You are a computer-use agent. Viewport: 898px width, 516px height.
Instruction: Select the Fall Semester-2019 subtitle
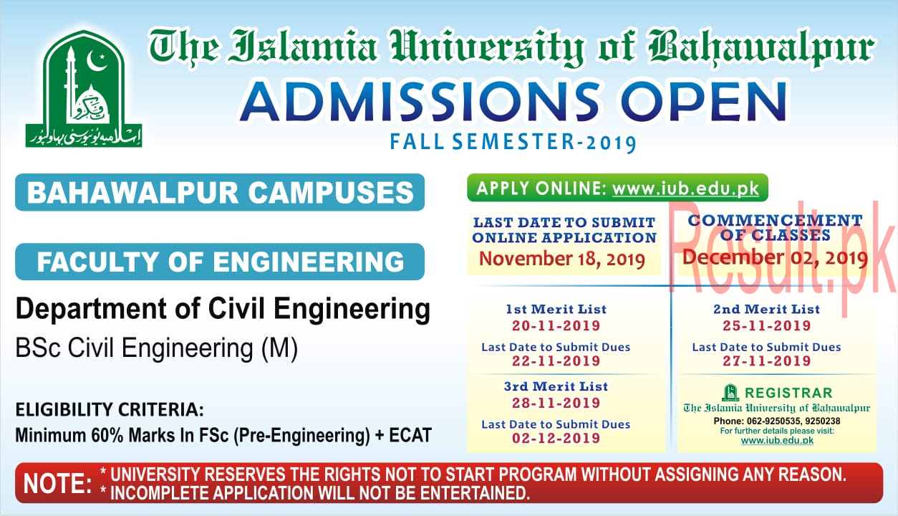[x=513, y=143]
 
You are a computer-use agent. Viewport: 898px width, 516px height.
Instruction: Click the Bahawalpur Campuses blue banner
[x=220, y=192]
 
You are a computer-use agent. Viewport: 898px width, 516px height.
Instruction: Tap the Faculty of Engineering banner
[x=220, y=262]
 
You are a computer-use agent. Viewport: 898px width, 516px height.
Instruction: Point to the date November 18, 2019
[x=562, y=259]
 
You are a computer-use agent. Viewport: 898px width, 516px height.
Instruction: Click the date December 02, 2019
[x=776, y=257]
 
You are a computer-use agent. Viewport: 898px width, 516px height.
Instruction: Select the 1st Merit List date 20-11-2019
[x=556, y=325]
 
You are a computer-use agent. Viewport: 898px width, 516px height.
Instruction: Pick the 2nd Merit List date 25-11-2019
[x=767, y=325]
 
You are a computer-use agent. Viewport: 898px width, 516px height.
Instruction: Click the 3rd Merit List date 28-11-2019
[x=556, y=403]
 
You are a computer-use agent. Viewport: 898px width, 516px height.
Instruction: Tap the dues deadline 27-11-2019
[x=767, y=360]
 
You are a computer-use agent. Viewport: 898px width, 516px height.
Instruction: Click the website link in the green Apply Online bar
[x=685, y=188]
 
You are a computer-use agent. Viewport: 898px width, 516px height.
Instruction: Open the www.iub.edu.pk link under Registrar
[x=777, y=441]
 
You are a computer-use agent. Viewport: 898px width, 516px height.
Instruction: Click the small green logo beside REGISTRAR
[x=730, y=393]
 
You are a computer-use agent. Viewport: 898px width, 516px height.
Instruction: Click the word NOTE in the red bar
[x=57, y=484]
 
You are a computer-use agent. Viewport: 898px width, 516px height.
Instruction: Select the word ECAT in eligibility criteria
[x=410, y=435]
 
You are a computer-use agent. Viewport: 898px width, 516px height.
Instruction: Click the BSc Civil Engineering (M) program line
[x=157, y=348]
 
